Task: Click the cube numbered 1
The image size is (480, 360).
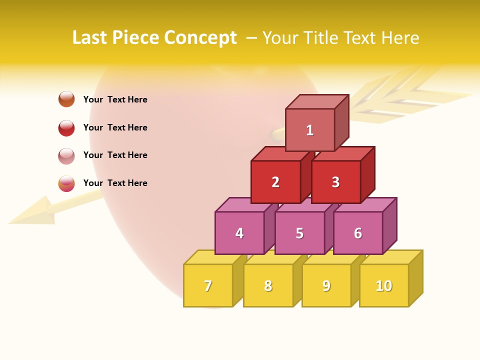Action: point(310,130)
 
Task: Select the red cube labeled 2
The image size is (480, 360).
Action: point(275,182)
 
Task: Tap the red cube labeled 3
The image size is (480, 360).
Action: point(335,182)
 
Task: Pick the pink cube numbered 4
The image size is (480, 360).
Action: point(239,233)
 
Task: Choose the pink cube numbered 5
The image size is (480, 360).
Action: point(299,233)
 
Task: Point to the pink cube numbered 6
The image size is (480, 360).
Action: point(358,233)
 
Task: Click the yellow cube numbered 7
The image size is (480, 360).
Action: point(208,285)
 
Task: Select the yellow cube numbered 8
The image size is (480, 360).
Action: point(268,285)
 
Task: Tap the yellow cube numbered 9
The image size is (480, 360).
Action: point(326,285)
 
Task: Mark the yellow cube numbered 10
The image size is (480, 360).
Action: point(384,285)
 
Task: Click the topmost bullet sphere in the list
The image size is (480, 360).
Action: point(66,99)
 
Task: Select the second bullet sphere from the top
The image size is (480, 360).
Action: point(66,127)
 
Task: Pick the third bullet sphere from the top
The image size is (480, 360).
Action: point(66,155)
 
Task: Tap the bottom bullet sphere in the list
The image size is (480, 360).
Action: point(66,183)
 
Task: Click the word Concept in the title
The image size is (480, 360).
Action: point(200,38)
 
